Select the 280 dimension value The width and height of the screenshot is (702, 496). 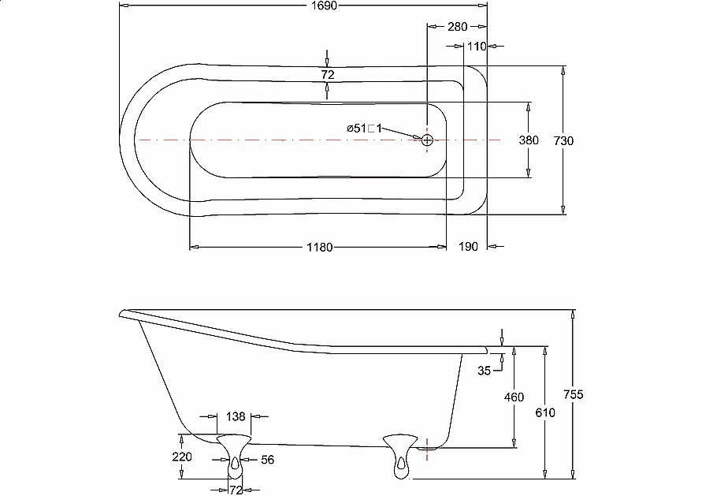pyautogui.click(x=457, y=26)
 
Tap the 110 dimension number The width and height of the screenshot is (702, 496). pyautogui.click(x=476, y=47)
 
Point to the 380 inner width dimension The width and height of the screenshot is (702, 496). pyautogui.click(x=528, y=140)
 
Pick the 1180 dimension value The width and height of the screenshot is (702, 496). pyautogui.click(x=318, y=247)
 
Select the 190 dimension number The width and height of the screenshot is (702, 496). pyautogui.click(x=468, y=247)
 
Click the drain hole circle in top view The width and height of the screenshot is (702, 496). pyautogui.click(x=427, y=140)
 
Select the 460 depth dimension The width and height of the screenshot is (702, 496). pyautogui.click(x=514, y=397)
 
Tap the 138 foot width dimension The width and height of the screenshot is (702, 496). pyautogui.click(x=236, y=416)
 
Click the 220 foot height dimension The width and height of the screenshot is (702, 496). pyautogui.click(x=181, y=457)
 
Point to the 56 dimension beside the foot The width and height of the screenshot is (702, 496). pyautogui.click(x=267, y=459)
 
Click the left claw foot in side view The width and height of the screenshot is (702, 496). pyautogui.click(x=234, y=454)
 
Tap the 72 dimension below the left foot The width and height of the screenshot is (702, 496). pyautogui.click(x=236, y=490)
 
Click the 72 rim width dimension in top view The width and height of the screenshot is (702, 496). pyautogui.click(x=328, y=75)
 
